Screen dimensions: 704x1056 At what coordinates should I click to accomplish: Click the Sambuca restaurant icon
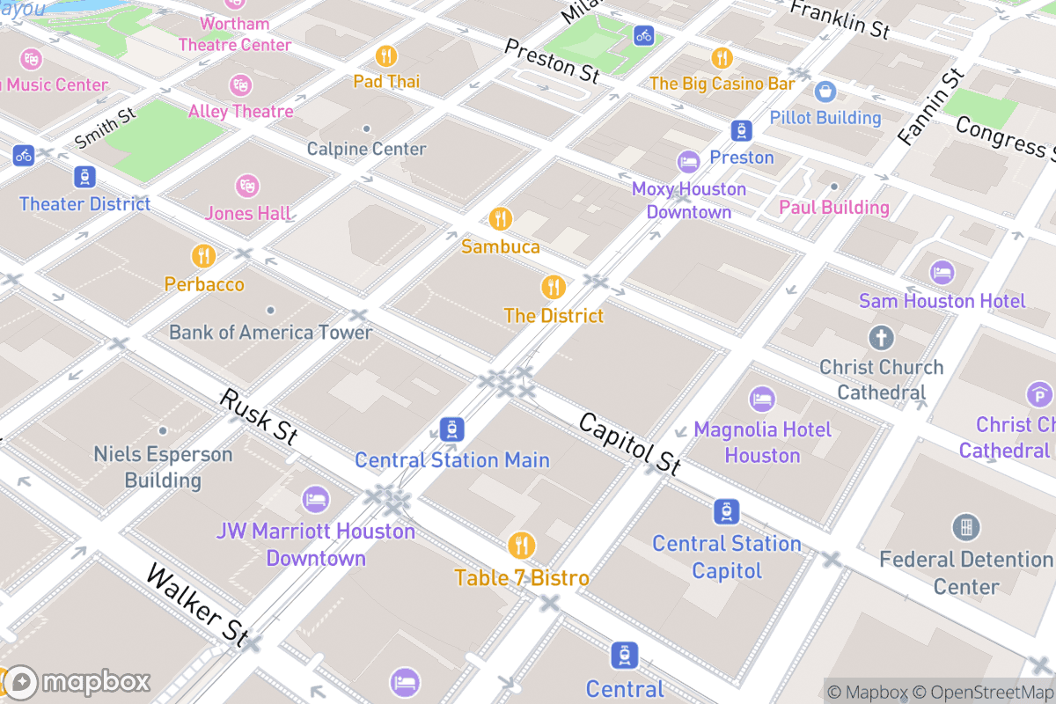pos(501,218)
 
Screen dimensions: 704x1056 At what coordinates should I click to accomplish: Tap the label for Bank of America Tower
pos(270,332)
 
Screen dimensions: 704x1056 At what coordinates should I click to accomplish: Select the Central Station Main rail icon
pos(452,429)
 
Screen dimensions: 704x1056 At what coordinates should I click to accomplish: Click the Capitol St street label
pos(628,444)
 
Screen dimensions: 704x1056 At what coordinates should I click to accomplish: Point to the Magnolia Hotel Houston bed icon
pos(762,400)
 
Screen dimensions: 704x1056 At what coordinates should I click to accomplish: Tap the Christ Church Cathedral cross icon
pos(881,337)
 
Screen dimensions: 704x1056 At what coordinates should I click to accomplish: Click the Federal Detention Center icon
pos(966,528)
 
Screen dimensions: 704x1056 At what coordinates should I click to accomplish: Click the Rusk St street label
pos(258,415)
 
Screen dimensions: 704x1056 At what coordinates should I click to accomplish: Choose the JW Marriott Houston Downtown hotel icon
pos(316,501)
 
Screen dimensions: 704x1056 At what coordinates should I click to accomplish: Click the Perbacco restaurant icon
pos(204,256)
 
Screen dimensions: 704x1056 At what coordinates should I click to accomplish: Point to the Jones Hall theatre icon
pos(247,186)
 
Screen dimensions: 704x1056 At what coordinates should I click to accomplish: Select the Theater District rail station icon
pos(84,176)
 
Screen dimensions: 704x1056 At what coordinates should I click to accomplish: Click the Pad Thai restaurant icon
pos(386,56)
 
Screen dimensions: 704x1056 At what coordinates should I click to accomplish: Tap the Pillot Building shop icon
pos(825,91)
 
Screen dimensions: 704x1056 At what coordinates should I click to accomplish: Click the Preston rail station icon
pos(742,131)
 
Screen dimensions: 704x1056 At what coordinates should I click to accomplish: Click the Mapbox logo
pos(77,682)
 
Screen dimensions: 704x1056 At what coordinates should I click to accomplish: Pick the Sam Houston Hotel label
pos(942,301)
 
